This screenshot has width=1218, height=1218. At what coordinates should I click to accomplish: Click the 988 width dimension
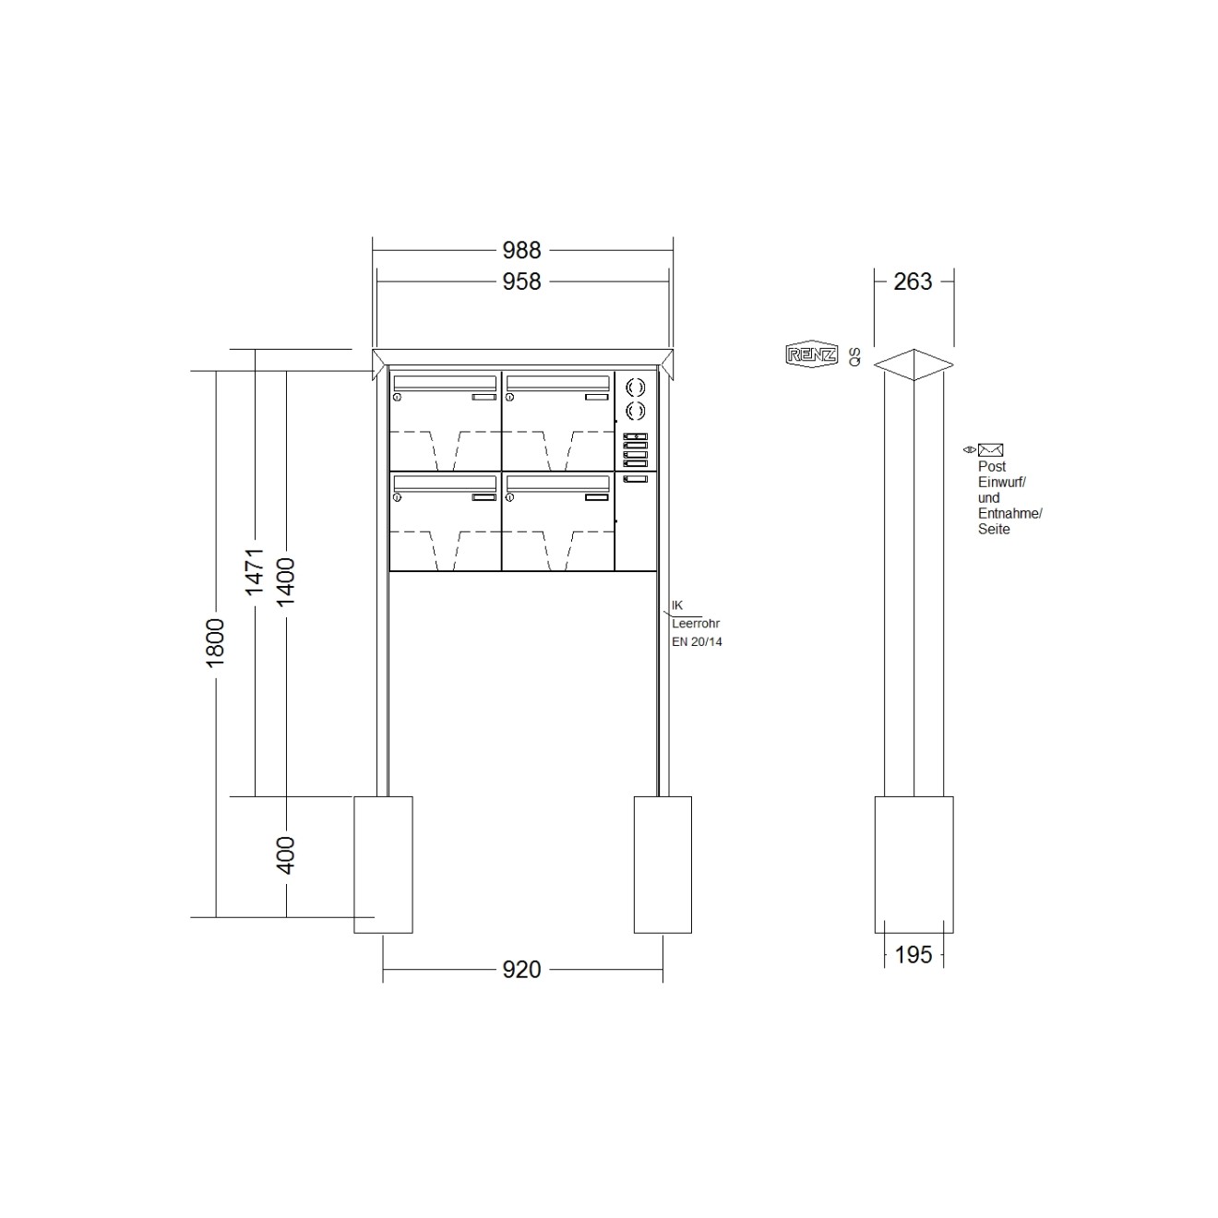(521, 250)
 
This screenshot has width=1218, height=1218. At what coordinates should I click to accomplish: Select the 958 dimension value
(521, 281)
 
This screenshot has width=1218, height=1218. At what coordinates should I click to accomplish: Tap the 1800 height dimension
(216, 643)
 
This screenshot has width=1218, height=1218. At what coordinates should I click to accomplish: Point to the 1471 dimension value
(254, 572)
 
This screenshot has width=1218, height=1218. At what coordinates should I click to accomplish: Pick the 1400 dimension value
(286, 581)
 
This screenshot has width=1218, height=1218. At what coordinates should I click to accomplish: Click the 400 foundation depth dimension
(286, 855)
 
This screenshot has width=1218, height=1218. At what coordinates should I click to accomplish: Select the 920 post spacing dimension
(521, 970)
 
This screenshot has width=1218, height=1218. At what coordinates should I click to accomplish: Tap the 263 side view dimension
(913, 281)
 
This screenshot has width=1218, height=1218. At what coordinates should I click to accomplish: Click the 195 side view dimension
(913, 955)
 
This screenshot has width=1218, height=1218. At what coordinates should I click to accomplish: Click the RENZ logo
(812, 354)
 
